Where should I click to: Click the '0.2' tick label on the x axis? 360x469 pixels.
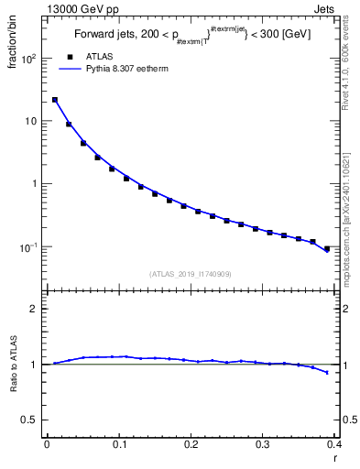[191, 444]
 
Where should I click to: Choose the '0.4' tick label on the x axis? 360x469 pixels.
[334, 444]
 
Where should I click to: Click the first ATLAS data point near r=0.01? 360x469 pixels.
[55, 100]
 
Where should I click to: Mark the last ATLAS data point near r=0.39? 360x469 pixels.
[327, 248]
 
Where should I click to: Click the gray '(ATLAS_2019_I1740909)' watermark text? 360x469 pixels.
[191, 273]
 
